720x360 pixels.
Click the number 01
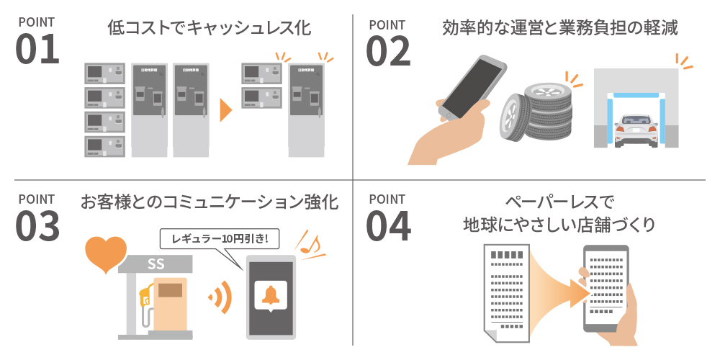click(x=37, y=49)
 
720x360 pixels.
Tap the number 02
click(x=388, y=49)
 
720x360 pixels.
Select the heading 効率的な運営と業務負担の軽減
click(x=559, y=29)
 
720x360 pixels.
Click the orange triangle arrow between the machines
click(x=226, y=110)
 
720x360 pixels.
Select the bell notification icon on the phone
click(x=271, y=295)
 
